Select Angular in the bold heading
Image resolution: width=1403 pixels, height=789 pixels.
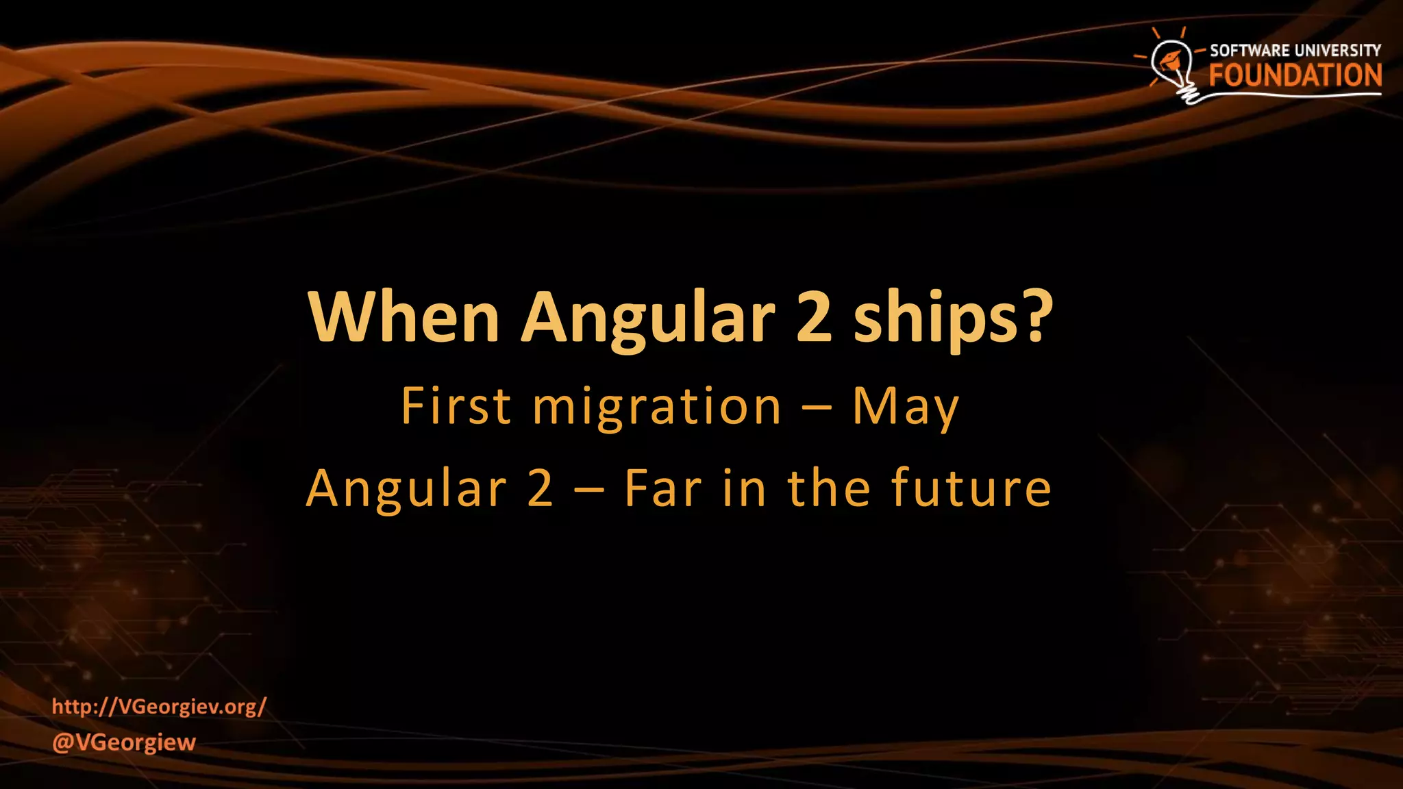click(x=648, y=318)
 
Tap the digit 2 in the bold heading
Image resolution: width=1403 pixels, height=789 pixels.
click(x=813, y=318)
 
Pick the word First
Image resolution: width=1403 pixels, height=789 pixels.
click(x=456, y=406)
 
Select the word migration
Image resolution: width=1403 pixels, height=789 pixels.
click(x=657, y=408)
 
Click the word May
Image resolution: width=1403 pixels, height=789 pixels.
click(x=905, y=408)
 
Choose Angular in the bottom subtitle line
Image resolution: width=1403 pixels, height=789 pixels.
click(x=406, y=489)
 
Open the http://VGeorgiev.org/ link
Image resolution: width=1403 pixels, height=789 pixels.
click(x=159, y=706)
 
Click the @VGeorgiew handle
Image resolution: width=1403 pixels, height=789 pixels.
click(x=124, y=742)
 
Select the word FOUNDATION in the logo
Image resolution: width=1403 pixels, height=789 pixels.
click(x=1295, y=76)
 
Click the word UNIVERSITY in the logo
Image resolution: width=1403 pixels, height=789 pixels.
click(x=1337, y=51)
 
